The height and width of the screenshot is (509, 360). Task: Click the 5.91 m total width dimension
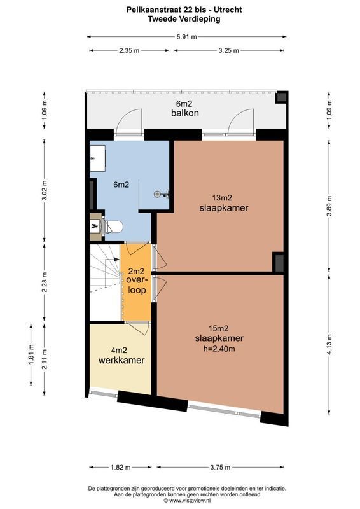pyautogui.click(x=186, y=37)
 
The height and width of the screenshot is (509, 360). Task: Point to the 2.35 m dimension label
pyautogui.click(x=128, y=51)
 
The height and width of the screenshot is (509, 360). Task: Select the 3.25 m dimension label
pyautogui.click(x=229, y=51)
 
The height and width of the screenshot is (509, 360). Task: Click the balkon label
pyautogui.click(x=185, y=113)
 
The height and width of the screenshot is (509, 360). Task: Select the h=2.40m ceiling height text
pyautogui.click(x=219, y=348)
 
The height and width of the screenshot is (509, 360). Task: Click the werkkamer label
pyautogui.click(x=121, y=360)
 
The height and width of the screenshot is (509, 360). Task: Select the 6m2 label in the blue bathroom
pyautogui.click(x=121, y=185)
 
